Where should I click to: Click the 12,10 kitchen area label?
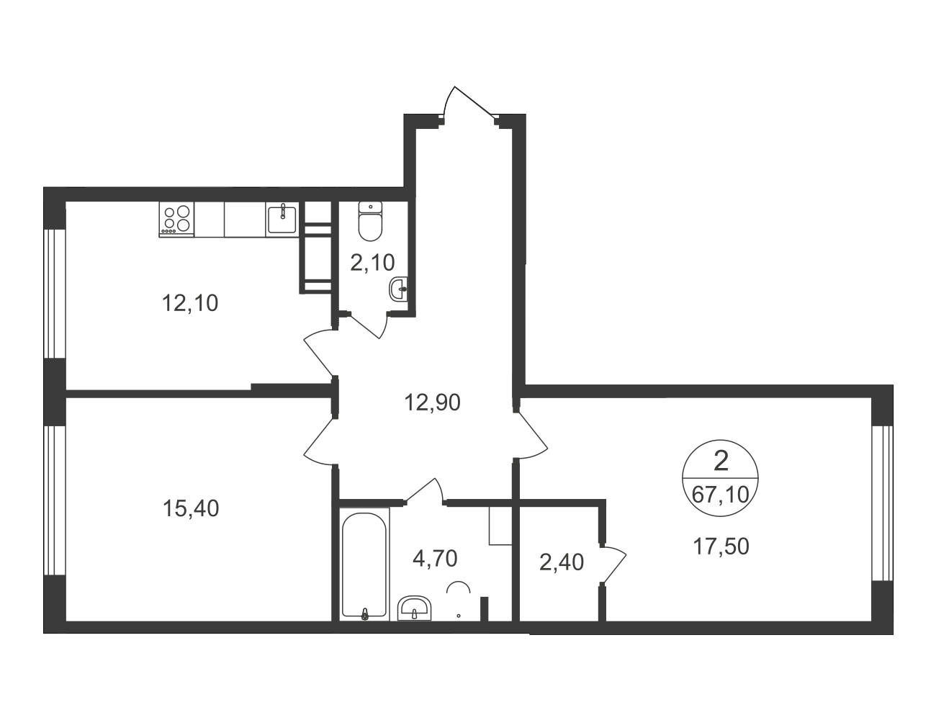(190, 303)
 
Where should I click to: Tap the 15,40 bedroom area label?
(190, 508)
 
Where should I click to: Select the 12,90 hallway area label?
(432, 402)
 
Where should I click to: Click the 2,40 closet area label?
(562, 562)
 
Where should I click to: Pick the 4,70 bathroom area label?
(435, 558)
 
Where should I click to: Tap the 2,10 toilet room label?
(372, 262)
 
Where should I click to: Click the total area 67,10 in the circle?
(721, 495)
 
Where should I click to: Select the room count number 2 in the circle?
(721, 462)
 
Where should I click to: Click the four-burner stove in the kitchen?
(176, 219)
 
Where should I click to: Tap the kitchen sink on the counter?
(282, 219)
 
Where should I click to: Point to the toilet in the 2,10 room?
(370, 221)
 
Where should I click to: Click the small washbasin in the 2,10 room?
(398, 289)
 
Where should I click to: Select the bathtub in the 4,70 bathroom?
(364, 566)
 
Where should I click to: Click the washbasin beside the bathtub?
(413, 608)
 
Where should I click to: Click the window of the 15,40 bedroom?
(54, 500)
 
